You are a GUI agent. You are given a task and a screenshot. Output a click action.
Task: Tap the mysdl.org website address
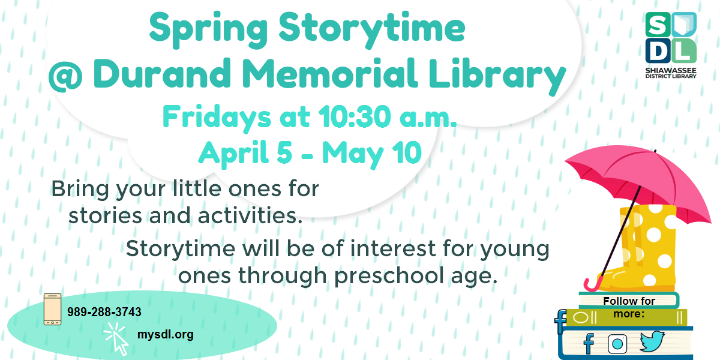coord(165,335)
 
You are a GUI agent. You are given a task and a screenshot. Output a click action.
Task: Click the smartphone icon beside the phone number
coord(53,310)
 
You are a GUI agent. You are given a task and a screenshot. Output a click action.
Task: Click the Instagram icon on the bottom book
coord(617,344)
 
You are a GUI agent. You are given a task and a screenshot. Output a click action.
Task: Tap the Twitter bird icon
coord(652,342)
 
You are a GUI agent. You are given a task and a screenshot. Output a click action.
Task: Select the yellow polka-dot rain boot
coord(648,252)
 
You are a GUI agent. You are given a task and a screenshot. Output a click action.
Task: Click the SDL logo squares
coord(671,37)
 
